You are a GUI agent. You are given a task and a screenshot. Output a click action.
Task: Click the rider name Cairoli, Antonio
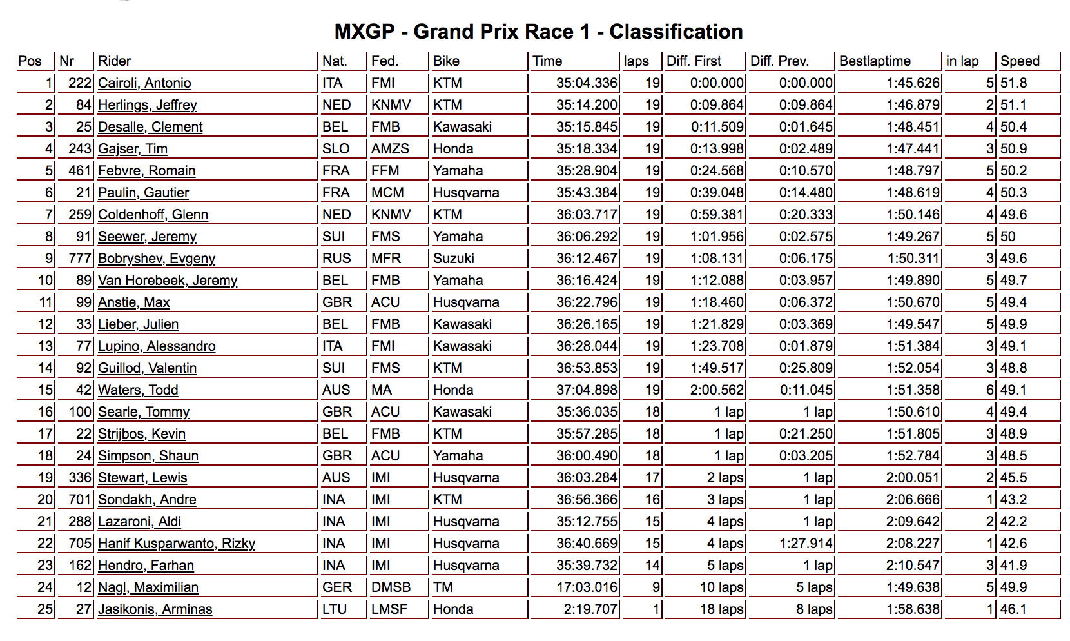click(x=144, y=83)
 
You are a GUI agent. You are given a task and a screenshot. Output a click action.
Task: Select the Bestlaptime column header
click(x=875, y=61)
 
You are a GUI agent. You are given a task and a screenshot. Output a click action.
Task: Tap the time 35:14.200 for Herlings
click(x=587, y=105)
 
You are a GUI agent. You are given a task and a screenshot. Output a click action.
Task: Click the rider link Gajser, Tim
click(x=133, y=149)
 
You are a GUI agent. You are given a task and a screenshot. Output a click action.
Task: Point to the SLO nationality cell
click(x=336, y=149)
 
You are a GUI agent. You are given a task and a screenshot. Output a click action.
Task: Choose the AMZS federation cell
click(x=390, y=149)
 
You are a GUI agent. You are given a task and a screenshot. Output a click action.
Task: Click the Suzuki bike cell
click(x=454, y=259)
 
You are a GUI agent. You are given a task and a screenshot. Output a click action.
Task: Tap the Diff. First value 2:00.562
click(x=717, y=390)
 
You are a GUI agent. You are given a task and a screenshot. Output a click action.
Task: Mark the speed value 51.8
click(x=1014, y=83)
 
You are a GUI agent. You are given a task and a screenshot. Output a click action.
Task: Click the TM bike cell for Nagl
click(x=443, y=587)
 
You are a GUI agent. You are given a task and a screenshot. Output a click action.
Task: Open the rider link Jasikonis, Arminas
click(x=155, y=609)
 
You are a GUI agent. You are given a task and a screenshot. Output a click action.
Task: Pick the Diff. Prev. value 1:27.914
click(x=806, y=544)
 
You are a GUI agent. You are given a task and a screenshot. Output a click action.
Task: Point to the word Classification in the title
click(x=676, y=32)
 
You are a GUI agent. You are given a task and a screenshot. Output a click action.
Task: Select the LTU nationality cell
click(x=335, y=609)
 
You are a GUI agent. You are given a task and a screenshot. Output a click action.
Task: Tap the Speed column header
click(x=1020, y=61)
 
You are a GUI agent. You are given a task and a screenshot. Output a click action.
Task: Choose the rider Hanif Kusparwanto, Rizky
click(x=177, y=544)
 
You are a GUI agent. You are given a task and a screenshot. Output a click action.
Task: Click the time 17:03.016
click(x=587, y=587)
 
